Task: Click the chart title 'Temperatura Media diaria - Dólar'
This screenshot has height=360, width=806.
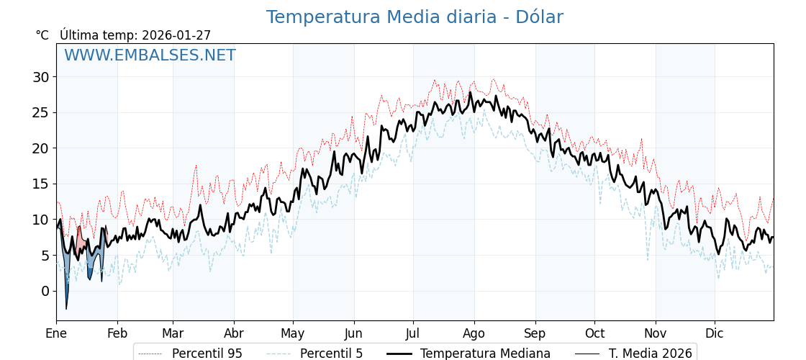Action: click(x=414, y=17)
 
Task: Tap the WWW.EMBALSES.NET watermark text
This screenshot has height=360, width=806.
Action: click(x=150, y=55)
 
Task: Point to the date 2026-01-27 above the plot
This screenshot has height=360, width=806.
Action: click(x=176, y=35)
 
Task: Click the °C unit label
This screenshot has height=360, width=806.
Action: click(x=42, y=35)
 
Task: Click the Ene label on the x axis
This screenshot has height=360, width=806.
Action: click(x=56, y=333)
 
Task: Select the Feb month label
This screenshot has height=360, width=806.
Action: click(x=117, y=333)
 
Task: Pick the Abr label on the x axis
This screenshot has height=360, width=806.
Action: click(x=234, y=333)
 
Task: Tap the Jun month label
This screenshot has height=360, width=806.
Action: click(x=353, y=333)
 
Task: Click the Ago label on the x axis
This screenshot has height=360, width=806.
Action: click(x=474, y=333)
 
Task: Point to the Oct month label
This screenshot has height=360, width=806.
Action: click(x=594, y=333)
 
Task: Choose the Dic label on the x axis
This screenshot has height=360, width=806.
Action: click(x=715, y=333)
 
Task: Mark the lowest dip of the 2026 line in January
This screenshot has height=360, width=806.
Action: click(x=66, y=309)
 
